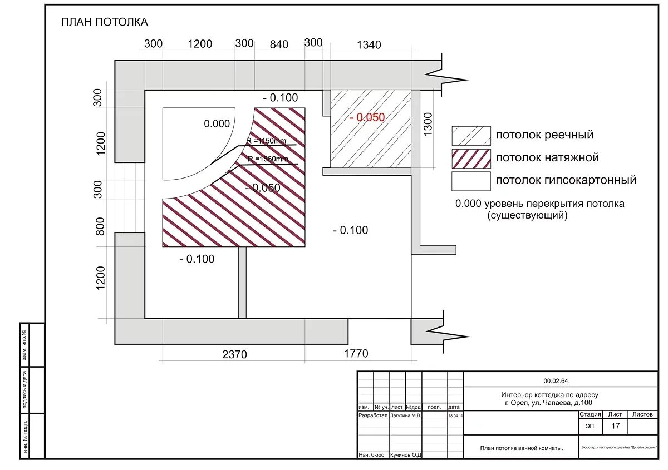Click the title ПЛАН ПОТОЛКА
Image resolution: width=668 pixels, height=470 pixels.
tap(104, 22)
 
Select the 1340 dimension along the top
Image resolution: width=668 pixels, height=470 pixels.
tap(369, 44)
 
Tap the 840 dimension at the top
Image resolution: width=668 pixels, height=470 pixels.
tap(279, 44)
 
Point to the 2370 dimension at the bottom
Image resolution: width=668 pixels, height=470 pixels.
tap(234, 354)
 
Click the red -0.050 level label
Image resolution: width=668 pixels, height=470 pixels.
tap(367, 117)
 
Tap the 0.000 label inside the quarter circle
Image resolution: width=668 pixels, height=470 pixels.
tap(217, 123)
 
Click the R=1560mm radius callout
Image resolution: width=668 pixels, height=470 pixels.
tap(268, 160)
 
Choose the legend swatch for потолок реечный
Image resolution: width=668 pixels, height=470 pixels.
tap(471, 136)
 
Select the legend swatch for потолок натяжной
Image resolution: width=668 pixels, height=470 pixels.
tap(471, 158)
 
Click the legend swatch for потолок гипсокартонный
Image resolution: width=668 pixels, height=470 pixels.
tap(471, 181)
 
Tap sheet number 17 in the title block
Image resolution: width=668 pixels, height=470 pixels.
tap(615, 427)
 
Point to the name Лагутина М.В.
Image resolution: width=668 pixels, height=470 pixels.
tap(406, 415)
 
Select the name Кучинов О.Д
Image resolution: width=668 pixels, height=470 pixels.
tap(406, 455)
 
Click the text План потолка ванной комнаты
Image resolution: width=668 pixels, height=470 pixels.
tap(521, 448)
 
